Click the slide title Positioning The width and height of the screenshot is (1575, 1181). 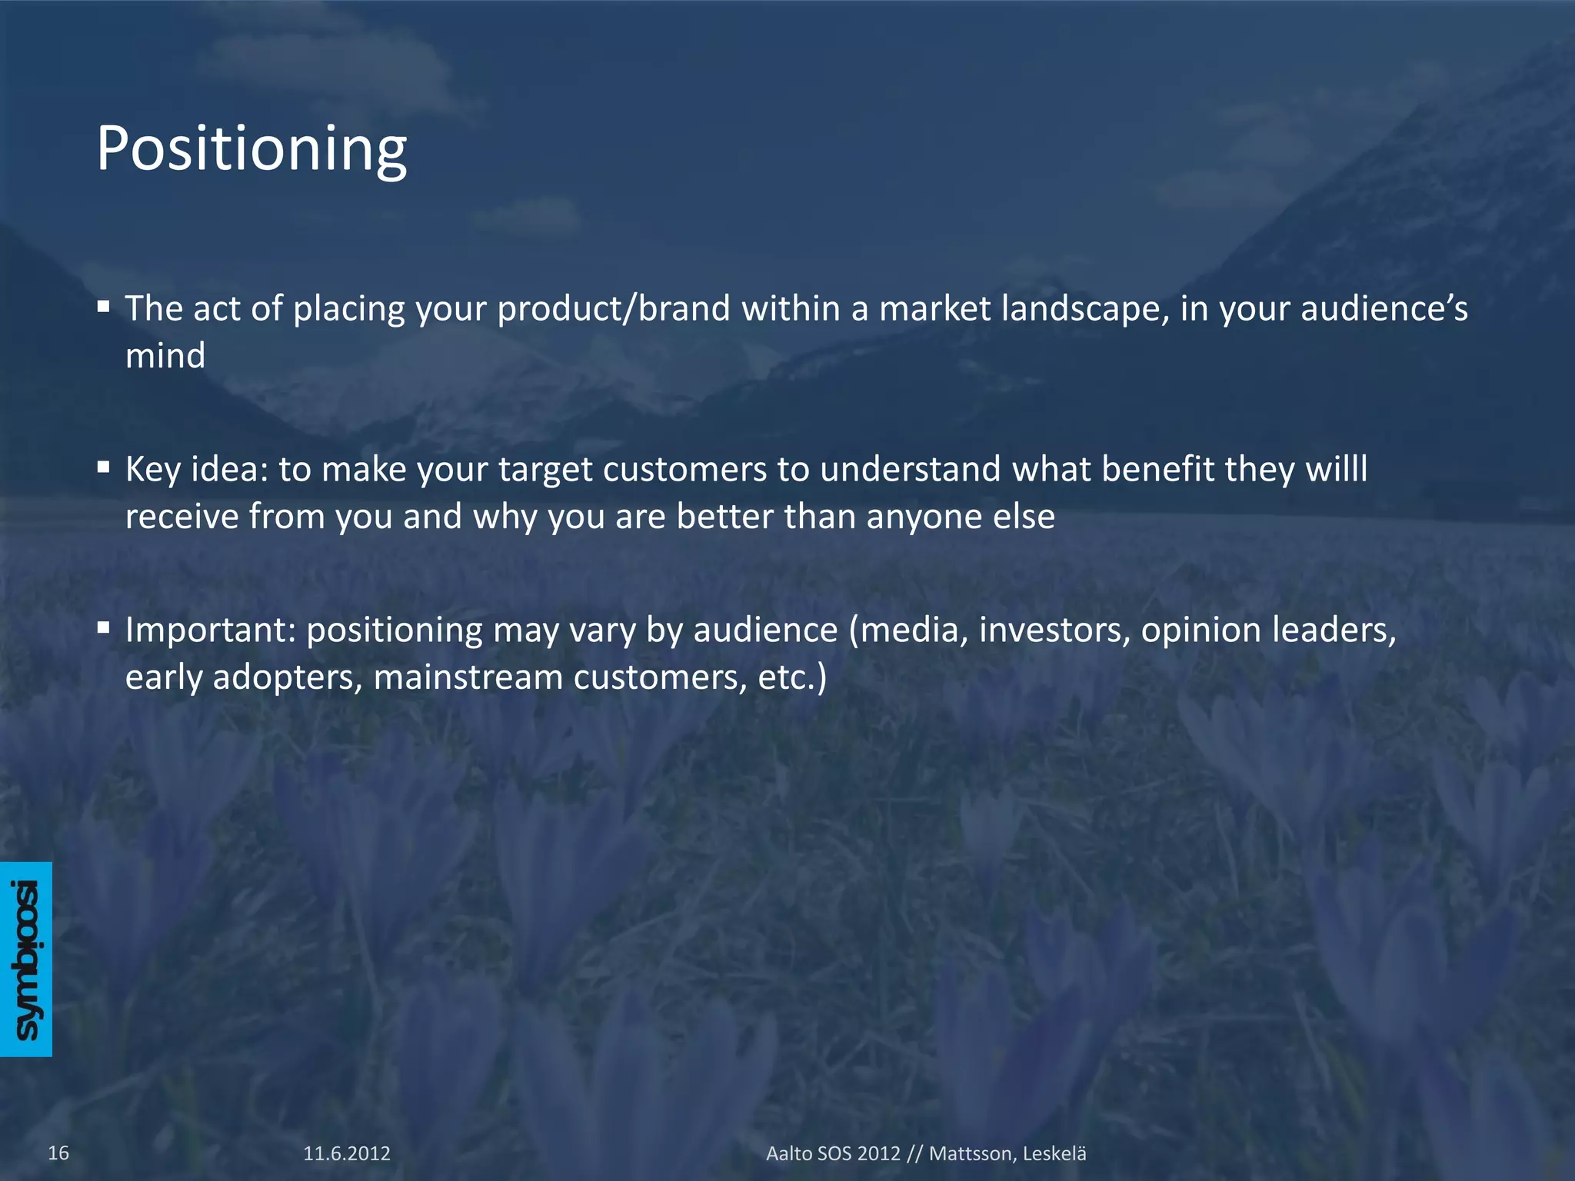pyautogui.click(x=251, y=148)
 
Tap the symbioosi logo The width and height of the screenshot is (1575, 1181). pyautogui.click(x=26, y=959)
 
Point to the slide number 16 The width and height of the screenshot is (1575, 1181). pyautogui.click(x=58, y=1153)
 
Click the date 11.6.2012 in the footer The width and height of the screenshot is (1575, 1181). pyautogui.click(x=347, y=1153)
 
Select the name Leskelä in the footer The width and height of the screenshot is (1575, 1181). pyautogui.click(x=1054, y=1153)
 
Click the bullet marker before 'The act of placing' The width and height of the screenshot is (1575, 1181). pyautogui.click(x=104, y=307)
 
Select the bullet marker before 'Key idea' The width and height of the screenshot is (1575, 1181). pyautogui.click(x=104, y=467)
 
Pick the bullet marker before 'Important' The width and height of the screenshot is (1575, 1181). pyautogui.click(x=104, y=628)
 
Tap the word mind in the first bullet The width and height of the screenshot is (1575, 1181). pyautogui.click(x=165, y=356)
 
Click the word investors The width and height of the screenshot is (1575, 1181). pyautogui.click(x=1054, y=630)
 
